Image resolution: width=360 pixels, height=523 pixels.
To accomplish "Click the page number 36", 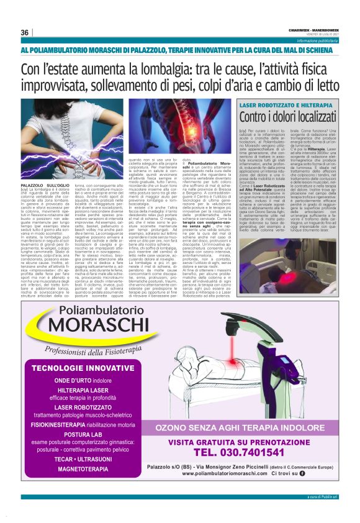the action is (24, 32).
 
